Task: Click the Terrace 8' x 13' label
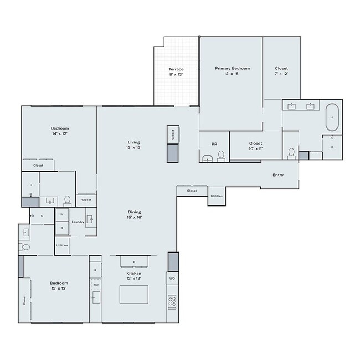(x=176, y=72)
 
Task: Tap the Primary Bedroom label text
(x=232, y=71)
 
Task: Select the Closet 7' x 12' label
(x=281, y=71)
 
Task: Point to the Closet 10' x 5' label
(x=255, y=146)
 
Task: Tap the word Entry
(x=278, y=175)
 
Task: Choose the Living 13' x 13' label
(x=133, y=145)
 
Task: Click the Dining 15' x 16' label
(x=134, y=214)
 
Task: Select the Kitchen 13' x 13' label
(x=133, y=276)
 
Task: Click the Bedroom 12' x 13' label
(x=59, y=285)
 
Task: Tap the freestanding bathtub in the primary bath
(x=332, y=117)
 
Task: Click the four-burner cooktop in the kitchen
(x=172, y=302)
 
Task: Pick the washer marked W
(x=62, y=214)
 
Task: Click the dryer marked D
(x=62, y=228)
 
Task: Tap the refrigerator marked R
(x=95, y=271)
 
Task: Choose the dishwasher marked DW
(x=96, y=285)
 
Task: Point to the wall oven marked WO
(x=172, y=278)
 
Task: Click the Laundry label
(x=78, y=222)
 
